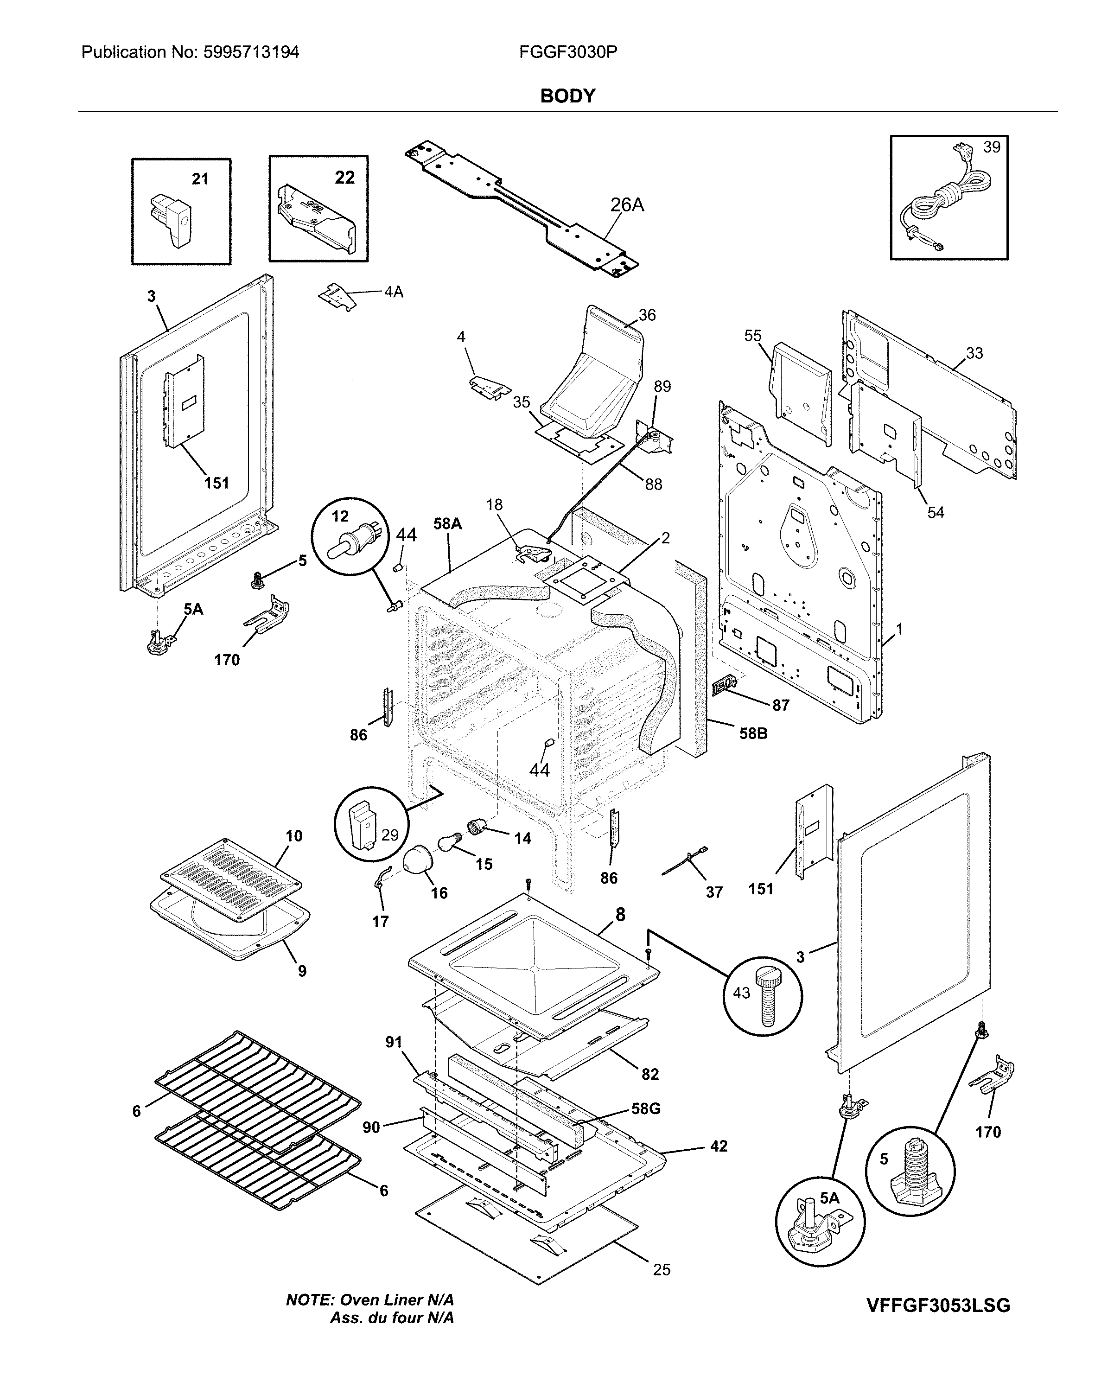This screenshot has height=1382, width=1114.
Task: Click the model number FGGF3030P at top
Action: tap(568, 52)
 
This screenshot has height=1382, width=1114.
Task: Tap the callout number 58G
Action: tap(646, 1108)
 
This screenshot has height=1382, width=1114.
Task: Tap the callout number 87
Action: tap(780, 705)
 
